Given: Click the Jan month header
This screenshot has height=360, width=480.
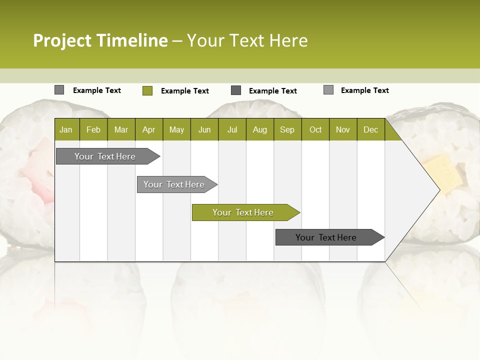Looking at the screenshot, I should click(x=66, y=129).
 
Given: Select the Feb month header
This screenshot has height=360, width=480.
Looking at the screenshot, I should click(x=93, y=129).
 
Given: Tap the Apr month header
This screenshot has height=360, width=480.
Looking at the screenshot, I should click(x=149, y=129).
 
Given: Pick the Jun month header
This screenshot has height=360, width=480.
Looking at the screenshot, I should click(x=204, y=129).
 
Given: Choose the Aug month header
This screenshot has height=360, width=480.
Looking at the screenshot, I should click(x=260, y=129).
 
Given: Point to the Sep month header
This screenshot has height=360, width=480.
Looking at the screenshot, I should click(x=287, y=129).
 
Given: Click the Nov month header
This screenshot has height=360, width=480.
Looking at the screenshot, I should click(x=343, y=129).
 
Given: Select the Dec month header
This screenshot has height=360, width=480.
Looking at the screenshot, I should click(x=371, y=129).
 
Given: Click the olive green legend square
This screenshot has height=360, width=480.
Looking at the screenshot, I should click(x=147, y=90).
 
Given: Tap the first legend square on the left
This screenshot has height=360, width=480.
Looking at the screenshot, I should click(x=59, y=90).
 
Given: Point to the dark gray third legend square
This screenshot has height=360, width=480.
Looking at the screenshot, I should click(x=236, y=90).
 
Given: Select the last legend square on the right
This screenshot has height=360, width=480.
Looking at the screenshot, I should click(x=328, y=90).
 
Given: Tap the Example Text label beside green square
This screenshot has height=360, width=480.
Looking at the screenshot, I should click(x=184, y=91).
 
